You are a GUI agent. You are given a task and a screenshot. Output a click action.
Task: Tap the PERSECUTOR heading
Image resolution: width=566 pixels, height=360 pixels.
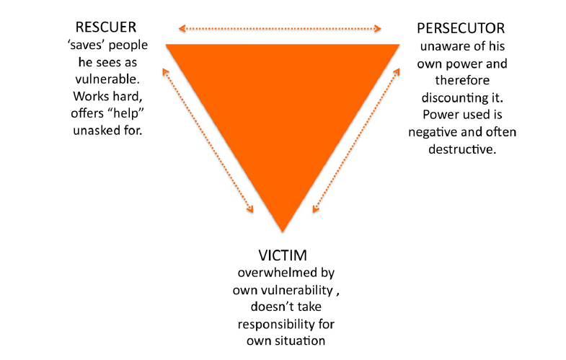tap(461, 29)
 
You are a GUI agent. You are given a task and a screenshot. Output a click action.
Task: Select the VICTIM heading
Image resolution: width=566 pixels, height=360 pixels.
tap(283, 255)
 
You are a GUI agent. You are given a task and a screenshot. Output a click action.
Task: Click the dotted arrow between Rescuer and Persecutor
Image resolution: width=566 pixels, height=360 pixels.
tap(280, 29)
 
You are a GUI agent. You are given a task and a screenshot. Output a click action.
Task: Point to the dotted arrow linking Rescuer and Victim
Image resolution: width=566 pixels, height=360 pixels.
tap(208, 140)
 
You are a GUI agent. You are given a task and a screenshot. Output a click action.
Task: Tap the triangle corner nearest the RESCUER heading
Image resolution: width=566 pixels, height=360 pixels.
tap(169, 45)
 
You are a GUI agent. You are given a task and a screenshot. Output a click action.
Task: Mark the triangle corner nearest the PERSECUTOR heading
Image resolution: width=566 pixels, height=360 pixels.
tap(398, 45)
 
